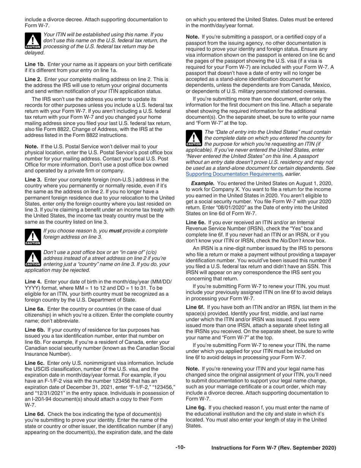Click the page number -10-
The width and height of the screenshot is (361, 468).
coord(180,447)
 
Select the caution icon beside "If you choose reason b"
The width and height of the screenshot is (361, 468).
coord(33,237)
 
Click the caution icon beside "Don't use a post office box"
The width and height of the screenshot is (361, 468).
coord(33,258)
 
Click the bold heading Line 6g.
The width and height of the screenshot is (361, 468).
coord(196,408)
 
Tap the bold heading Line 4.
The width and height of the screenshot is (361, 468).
coord(33,282)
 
